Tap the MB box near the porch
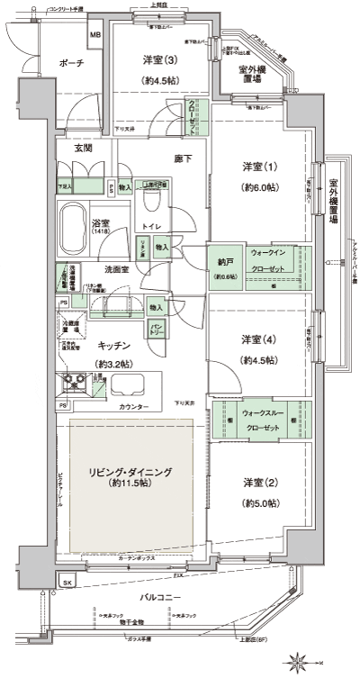click(94, 36)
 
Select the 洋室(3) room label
click(158, 60)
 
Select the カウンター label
click(133, 405)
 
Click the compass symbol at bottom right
click(296, 664)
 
